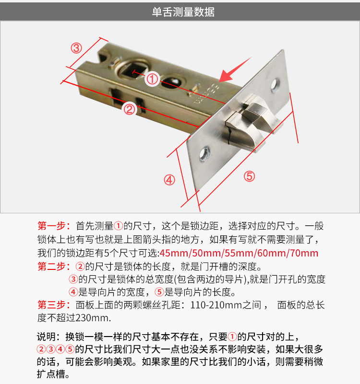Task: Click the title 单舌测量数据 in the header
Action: pyautogui.click(x=183, y=12)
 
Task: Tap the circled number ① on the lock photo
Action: pyautogui.click(x=152, y=79)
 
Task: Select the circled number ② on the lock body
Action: pyautogui.click(x=130, y=109)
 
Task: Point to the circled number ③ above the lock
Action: pyautogui.click(x=76, y=48)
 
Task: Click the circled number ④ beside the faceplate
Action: pyautogui.click(x=169, y=180)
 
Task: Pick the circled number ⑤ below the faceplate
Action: pyautogui.click(x=249, y=176)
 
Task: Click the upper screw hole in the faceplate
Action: pyautogui.click(x=276, y=84)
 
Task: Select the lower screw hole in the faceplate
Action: pyautogui.click(x=204, y=154)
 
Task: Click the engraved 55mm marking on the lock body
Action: pyautogui.click(x=206, y=94)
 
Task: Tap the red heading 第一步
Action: pyautogui.click(x=51, y=226)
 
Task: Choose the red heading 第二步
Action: pyautogui.click(x=51, y=266)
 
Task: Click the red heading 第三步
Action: pyautogui.click(x=51, y=305)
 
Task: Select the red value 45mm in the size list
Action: pyautogui.click(x=174, y=253)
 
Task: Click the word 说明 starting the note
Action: pyautogui.click(x=46, y=337)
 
